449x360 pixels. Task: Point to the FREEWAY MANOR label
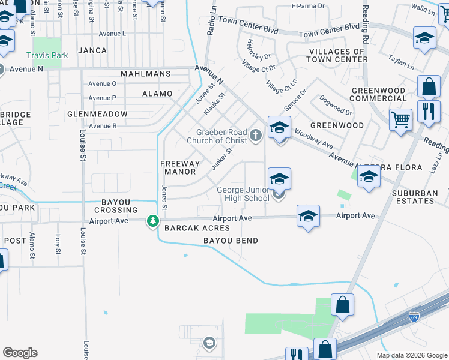click(x=180, y=167)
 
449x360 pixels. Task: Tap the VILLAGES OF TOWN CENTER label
click(x=337, y=55)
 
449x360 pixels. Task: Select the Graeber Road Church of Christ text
click(x=221, y=136)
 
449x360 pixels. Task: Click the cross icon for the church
click(x=256, y=134)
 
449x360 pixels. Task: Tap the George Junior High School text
click(x=243, y=194)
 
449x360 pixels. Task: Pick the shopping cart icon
click(x=400, y=118)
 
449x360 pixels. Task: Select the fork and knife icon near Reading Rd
click(x=429, y=112)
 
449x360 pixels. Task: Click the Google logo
click(x=20, y=353)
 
